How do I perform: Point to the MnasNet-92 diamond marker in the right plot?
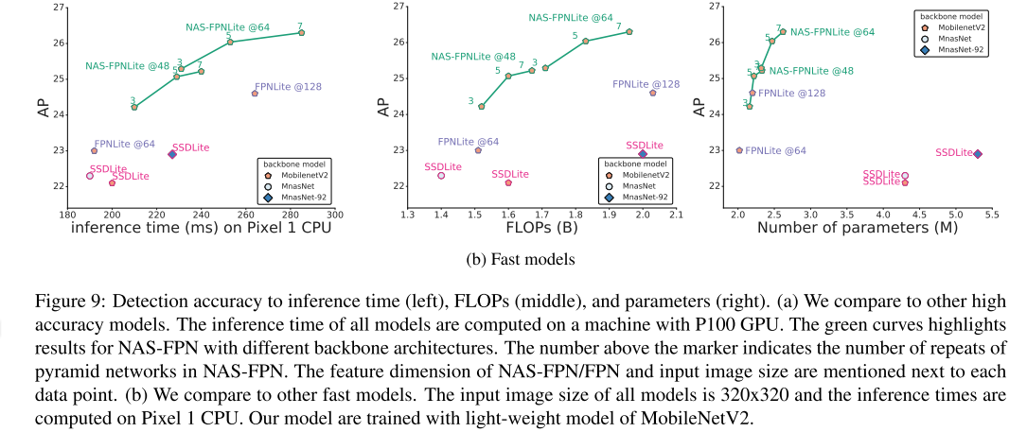point(978,153)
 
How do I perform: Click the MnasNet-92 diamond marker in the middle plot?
point(643,153)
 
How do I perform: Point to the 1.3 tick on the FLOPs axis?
point(407,215)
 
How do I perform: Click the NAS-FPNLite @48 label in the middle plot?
point(473,56)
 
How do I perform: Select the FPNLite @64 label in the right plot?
point(776,150)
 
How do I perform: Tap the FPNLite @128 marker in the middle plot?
point(652,93)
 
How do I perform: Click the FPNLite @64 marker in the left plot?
point(94,151)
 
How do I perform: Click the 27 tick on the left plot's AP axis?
point(59,8)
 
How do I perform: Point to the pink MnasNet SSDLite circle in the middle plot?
point(441,175)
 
